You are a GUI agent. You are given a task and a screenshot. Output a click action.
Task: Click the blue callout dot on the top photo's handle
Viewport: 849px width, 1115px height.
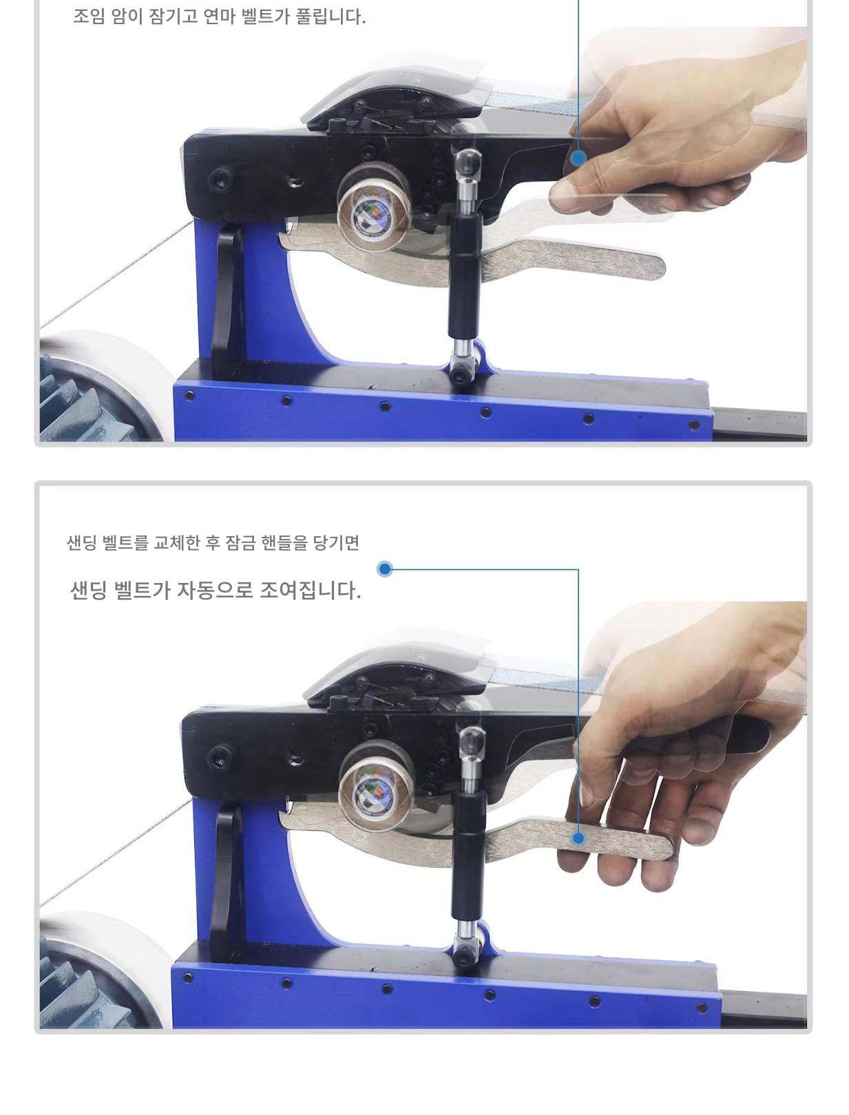(578, 158)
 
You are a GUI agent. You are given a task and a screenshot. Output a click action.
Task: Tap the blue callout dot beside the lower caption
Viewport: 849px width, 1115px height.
(385, 569)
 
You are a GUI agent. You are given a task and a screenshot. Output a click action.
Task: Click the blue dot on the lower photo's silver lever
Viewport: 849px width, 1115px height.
(578, 838)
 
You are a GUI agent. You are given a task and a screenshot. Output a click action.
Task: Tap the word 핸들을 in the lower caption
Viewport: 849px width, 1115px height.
(284, 542)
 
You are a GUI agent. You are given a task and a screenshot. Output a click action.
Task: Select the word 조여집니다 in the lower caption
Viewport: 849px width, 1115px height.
(310, 591)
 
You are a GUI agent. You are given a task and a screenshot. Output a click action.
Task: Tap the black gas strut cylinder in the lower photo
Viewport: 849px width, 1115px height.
(468, 859)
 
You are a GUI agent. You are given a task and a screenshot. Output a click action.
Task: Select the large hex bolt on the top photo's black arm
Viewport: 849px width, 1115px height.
(220, 180)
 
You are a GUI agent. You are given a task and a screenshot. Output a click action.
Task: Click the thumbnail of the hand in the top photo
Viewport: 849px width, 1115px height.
(564, 196)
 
